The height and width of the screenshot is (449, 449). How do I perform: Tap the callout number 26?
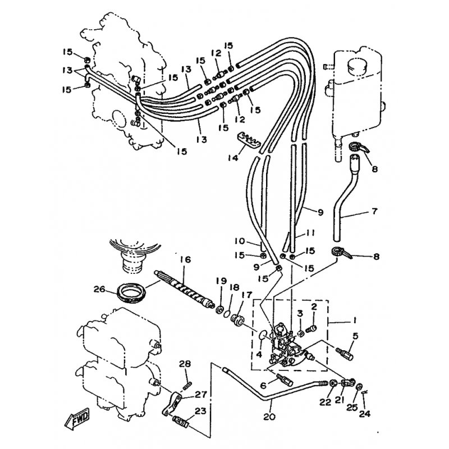[100, 289]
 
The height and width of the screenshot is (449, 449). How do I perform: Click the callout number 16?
[185, 260]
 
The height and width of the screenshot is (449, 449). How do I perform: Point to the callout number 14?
[233, 157]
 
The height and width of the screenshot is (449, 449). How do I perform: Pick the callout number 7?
[374, 211]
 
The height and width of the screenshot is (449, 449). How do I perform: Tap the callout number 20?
[269, 416]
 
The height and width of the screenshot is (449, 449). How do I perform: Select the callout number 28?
[185, 364]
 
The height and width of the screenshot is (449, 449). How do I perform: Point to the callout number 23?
[200, 411]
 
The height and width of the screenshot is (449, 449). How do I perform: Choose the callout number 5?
[355, 336]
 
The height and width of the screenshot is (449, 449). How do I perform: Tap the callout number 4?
[259, 355]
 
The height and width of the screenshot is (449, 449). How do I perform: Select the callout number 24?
[364, 414]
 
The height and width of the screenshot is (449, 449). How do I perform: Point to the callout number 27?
[200, 395]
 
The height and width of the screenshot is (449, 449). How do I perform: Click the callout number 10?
[240, 241]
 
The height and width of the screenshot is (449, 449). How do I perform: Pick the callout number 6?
[263, 385]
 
